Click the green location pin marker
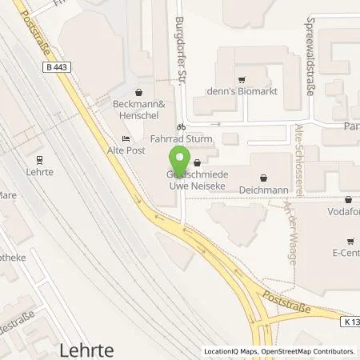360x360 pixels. click(x=178, y=162)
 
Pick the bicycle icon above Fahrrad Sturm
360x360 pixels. click(x=182, y=126)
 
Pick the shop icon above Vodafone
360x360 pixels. click(x=348, y=200)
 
